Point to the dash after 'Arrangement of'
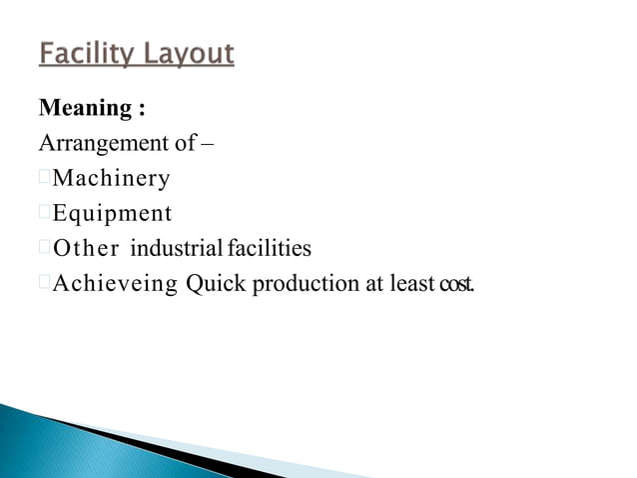(x=209, y=143)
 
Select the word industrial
(x=173, y=248)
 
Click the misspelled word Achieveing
(x=115, y=284)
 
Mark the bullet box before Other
(x=44, y=247)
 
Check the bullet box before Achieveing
(x=44, y=283)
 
